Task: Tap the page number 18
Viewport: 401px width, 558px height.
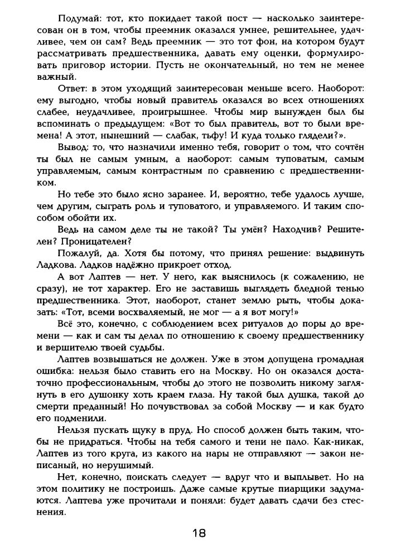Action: click(x=199, y=533)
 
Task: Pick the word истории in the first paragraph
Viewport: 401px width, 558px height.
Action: click(x=143, y=65)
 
